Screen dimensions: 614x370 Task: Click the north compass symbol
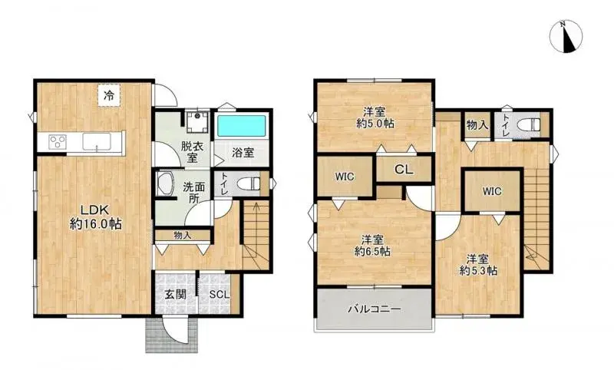coord(566,36)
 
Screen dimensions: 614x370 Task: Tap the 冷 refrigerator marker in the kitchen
coord(109,94)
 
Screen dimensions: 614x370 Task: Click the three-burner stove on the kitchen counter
coord(58,141)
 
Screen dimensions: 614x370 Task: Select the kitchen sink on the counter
coord(97,141)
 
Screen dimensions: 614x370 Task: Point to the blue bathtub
coord(241,126)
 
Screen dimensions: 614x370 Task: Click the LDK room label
coord(94,210)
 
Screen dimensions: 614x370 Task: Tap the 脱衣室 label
coord(191,152)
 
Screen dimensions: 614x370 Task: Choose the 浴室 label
coord(243,153)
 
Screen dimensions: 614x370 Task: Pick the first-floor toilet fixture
coord(249,183)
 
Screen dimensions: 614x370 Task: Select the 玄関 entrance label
coord(175,295)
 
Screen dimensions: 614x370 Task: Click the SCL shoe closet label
coord(220,295)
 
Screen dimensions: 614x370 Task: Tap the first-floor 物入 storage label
coord(183,236)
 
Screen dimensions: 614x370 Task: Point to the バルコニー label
coord(375,309)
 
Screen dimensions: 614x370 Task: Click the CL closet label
coord(404,170)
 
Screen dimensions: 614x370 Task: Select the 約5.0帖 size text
coord(375,124)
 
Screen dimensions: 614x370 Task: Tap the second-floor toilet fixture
coord(528,125)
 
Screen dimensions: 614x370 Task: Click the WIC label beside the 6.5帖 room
coord(345,177)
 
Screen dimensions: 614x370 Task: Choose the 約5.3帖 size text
coord(478,270)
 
